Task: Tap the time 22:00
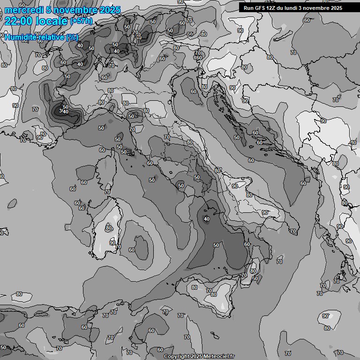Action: [x=19, y=21]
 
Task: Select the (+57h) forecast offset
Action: [x=81, y=22]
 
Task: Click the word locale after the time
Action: [x=52, y=21]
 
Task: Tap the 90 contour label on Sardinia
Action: [x=112, y=243]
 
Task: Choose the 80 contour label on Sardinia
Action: [x=109, y=228]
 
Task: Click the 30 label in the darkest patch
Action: [x=61, y=112]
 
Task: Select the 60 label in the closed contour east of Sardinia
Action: [x=132, y=250]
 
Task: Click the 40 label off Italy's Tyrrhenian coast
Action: [x=207, y=219]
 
